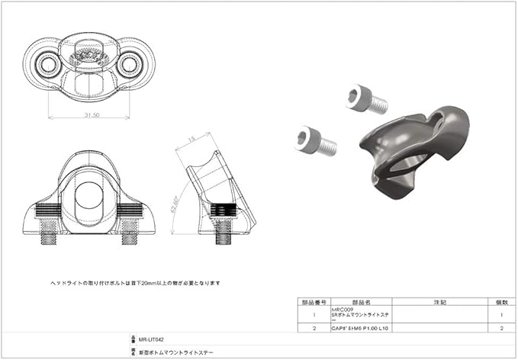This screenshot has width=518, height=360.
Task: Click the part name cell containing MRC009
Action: [362, 313]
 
